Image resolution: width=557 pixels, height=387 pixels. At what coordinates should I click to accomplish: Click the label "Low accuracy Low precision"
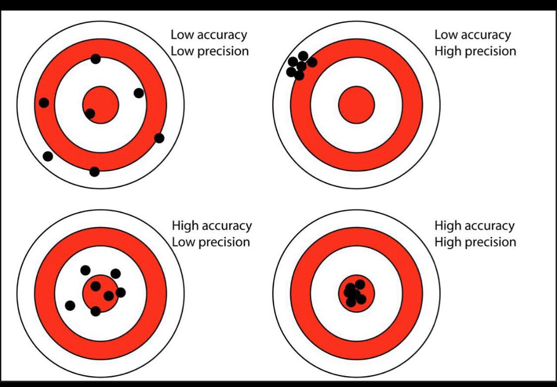[209, 43]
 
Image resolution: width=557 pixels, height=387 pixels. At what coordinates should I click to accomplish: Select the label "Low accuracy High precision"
[474, 43]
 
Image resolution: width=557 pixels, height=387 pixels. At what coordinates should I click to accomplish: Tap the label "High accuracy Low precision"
[211, 234]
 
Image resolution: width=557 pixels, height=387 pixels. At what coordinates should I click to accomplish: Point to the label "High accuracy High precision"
[475, 234]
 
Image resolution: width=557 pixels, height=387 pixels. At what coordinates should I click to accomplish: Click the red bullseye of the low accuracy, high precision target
[356, 104]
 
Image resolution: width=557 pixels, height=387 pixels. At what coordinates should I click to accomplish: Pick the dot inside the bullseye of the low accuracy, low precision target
[90, 113]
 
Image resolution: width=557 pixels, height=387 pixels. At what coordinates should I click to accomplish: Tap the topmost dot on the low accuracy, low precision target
[96, 59]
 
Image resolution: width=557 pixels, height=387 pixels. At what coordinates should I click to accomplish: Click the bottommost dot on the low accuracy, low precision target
[95, 172]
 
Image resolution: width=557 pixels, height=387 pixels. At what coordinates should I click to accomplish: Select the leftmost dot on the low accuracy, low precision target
[44, 102]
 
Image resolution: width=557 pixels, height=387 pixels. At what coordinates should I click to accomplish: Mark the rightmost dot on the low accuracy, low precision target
[159, 138]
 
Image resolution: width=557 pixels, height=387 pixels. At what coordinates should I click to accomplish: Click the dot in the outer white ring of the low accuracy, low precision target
[48, 156]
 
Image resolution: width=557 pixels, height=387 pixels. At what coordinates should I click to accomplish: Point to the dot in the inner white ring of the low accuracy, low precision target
[139, 93]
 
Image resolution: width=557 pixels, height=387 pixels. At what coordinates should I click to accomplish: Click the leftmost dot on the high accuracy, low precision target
[70, 305]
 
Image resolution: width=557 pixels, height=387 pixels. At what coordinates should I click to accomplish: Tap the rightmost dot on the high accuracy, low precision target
[120, 292]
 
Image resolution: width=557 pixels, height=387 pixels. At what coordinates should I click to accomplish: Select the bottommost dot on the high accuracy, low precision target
[96, 311]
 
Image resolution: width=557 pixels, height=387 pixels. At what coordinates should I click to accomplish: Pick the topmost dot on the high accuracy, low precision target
[86, 270]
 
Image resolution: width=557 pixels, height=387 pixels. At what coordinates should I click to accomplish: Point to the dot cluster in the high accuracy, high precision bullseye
[355, 292]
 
